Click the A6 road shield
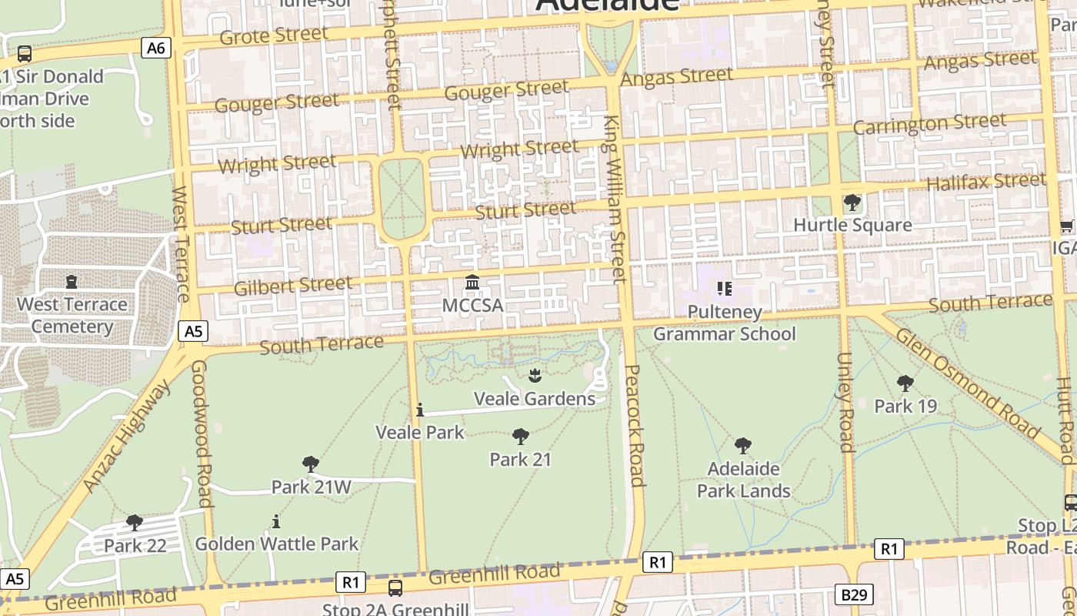156,49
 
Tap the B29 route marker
853,594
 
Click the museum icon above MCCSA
472,283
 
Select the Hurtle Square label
852,225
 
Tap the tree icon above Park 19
905,383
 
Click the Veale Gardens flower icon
534,376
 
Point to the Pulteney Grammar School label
724,323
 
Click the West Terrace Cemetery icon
72,281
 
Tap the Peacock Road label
634,426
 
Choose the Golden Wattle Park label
276,544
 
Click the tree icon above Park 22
135,523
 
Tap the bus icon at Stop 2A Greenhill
395,588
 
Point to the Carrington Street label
929,123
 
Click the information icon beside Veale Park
419,410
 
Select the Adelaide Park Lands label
743,480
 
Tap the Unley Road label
845,402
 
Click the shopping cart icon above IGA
1066,226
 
